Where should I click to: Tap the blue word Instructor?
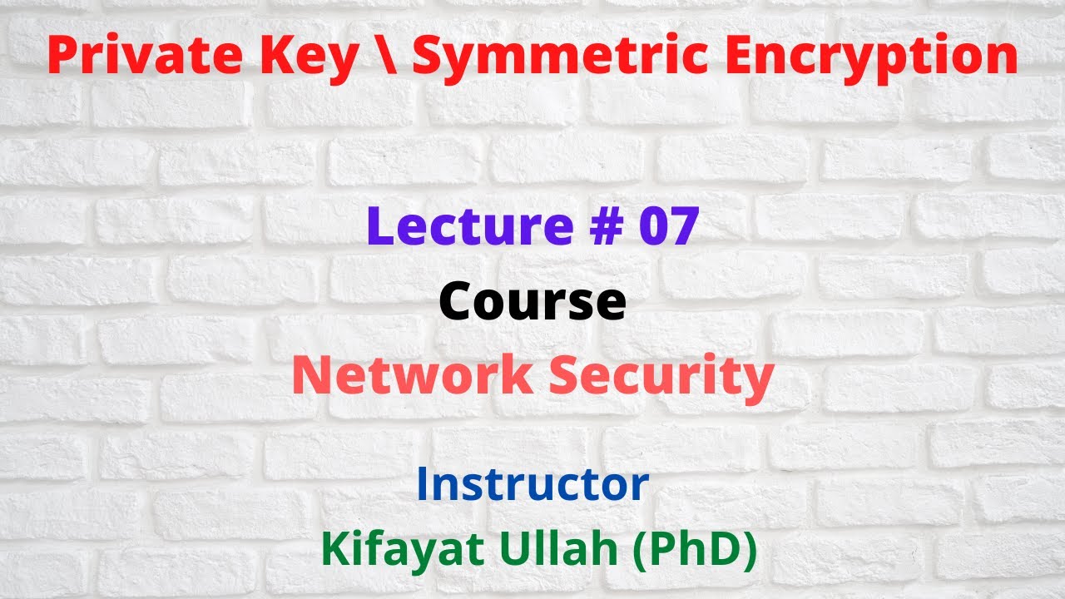click(532, 484)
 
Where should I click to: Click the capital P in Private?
click(62, 57)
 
